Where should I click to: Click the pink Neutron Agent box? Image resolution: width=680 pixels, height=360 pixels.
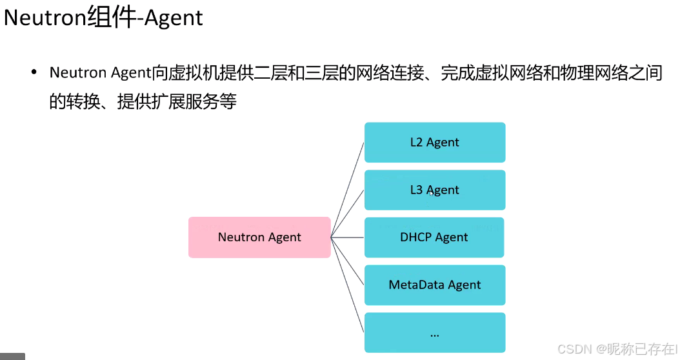259,237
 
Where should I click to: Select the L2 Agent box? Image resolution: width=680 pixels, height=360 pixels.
435,143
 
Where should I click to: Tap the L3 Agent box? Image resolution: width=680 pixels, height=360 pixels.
435,190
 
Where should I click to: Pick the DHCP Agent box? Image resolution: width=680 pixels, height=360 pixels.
434,237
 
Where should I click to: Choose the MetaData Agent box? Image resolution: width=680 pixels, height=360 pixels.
435,285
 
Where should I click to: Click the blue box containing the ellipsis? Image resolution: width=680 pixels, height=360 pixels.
435,332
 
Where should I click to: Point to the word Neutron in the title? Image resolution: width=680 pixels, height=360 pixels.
45,17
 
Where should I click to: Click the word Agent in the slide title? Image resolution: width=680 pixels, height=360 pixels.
173,17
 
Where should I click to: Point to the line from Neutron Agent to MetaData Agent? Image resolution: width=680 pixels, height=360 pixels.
348,261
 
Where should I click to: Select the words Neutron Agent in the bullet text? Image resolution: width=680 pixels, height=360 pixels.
101,73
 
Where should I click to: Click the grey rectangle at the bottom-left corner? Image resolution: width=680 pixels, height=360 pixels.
12,356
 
